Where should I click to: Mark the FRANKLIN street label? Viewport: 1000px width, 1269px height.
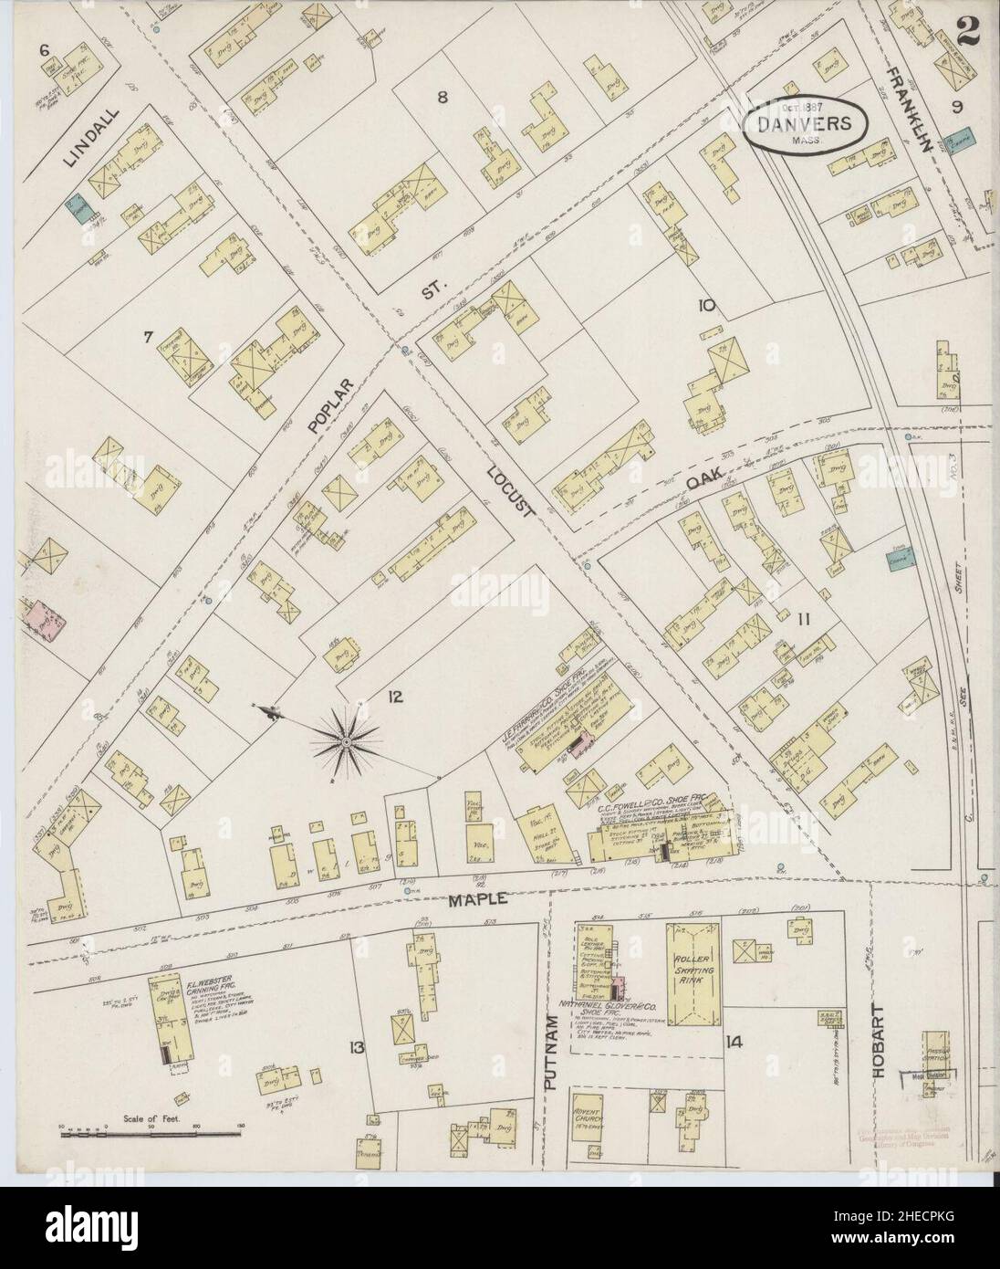pyautogui.click(x=912, y=104)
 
